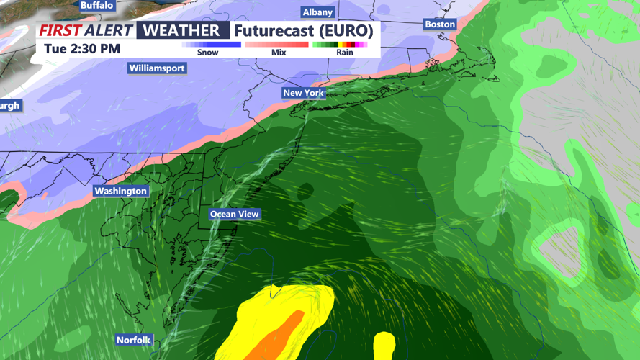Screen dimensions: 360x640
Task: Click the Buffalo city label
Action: point(96,5)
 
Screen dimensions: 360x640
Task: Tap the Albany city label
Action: point(317,12)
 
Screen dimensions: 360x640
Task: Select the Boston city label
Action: point(440,24)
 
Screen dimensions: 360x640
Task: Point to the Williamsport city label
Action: point(157,68)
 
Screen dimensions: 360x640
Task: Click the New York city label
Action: point(303,93)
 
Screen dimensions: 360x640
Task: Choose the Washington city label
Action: point(120,191)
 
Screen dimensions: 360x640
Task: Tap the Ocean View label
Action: point(235,214)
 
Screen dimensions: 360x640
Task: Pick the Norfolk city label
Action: point(134,340)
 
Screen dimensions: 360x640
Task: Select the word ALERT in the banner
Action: point(108,30)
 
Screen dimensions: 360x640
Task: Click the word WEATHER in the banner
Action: point(181,30)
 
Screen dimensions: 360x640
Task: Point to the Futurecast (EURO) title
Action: point(303,31)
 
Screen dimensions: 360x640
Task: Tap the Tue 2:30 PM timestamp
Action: point(82,49)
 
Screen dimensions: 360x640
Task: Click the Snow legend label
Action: point(207,53)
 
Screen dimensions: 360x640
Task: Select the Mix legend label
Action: point(279,53)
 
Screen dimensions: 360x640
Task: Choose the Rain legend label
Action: point(345,53)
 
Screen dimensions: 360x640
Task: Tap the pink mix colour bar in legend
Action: point(277,45)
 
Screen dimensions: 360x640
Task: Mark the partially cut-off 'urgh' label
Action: point(10,106)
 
